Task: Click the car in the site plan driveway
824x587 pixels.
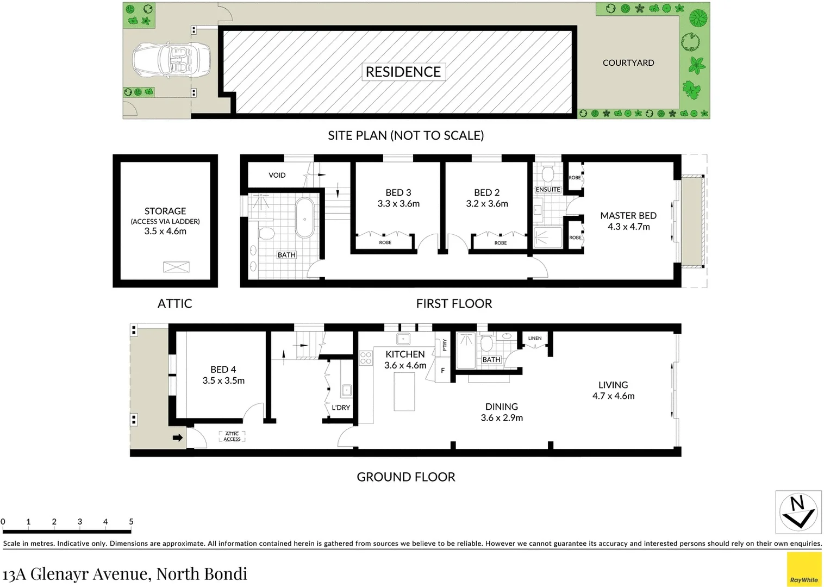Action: coord(171,58)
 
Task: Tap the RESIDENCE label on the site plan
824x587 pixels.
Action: coord(403,72)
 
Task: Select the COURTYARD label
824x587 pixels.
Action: coord(628,63)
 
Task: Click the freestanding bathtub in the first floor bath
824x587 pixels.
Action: coord(305,218)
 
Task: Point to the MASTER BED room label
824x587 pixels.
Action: coord(628,216)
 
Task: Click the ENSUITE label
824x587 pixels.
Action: coord(548,190)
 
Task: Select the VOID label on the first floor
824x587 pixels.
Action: coord(277,175)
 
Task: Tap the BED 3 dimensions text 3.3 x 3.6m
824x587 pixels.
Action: coord(398,204)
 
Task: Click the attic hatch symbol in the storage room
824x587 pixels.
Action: coord(176,267)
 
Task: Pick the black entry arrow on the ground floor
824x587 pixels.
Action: coord(178,438)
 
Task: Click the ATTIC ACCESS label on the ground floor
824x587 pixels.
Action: coord(232,436)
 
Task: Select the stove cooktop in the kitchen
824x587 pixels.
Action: coord(366,358)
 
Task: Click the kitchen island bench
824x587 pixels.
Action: coord(404,391)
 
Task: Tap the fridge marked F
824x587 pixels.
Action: coord(442,371)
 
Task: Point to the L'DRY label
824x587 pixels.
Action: coord(341,408)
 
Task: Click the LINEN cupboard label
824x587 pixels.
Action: coord(535,338)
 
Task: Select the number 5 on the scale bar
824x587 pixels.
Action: coord(131,522)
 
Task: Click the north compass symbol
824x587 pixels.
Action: coord(797,512)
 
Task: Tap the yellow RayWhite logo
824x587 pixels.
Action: coord(804,569)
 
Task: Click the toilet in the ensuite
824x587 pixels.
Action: coord(548,173)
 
